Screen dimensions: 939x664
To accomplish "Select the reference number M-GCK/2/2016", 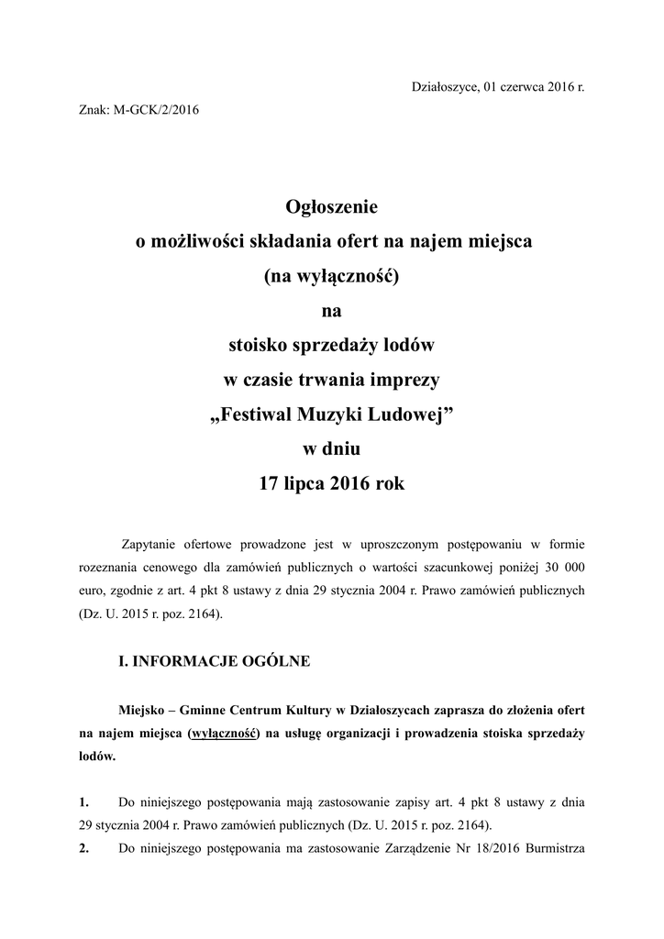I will pos(155,111).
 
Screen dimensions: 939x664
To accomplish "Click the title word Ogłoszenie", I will pos(332,207).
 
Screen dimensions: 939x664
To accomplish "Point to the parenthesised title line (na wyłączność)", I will pos(332,276).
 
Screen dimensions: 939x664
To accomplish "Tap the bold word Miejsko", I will pos(147,711).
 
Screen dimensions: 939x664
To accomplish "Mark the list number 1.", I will pos(84,801).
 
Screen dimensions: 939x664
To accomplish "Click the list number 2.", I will pos(84,847).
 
